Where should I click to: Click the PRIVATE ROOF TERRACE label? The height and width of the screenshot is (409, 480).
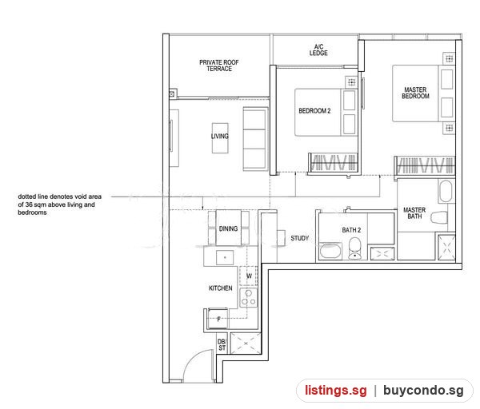(219, 66)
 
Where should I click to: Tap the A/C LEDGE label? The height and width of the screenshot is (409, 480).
(318, 50)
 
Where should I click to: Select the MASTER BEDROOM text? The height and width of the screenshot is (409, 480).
(415, 93)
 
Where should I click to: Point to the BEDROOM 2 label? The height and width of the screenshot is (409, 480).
(314, 111)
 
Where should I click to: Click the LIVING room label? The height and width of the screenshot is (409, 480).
(220, 137)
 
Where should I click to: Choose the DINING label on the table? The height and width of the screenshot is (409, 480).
(228, 228)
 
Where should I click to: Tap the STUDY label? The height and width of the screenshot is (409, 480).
(300, 238)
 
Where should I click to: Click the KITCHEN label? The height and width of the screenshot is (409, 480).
(221, 288)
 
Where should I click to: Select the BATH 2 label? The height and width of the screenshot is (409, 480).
(351, 230)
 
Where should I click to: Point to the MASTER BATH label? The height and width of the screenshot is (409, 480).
(414, 213)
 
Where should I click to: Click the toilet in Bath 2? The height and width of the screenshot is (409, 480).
(355, 248)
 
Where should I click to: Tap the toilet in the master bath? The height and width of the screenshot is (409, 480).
(438, 217)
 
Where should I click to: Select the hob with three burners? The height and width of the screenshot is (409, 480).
(249, 298)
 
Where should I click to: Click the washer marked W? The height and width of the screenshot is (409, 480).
(249, 276)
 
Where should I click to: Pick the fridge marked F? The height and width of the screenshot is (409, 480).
(218, 319)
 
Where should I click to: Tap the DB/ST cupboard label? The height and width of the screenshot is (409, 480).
(222, 345)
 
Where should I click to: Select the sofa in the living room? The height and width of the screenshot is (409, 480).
(256, 139)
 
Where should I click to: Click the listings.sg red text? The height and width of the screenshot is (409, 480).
(335, 391)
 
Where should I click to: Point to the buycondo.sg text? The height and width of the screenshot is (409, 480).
(423, 391)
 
